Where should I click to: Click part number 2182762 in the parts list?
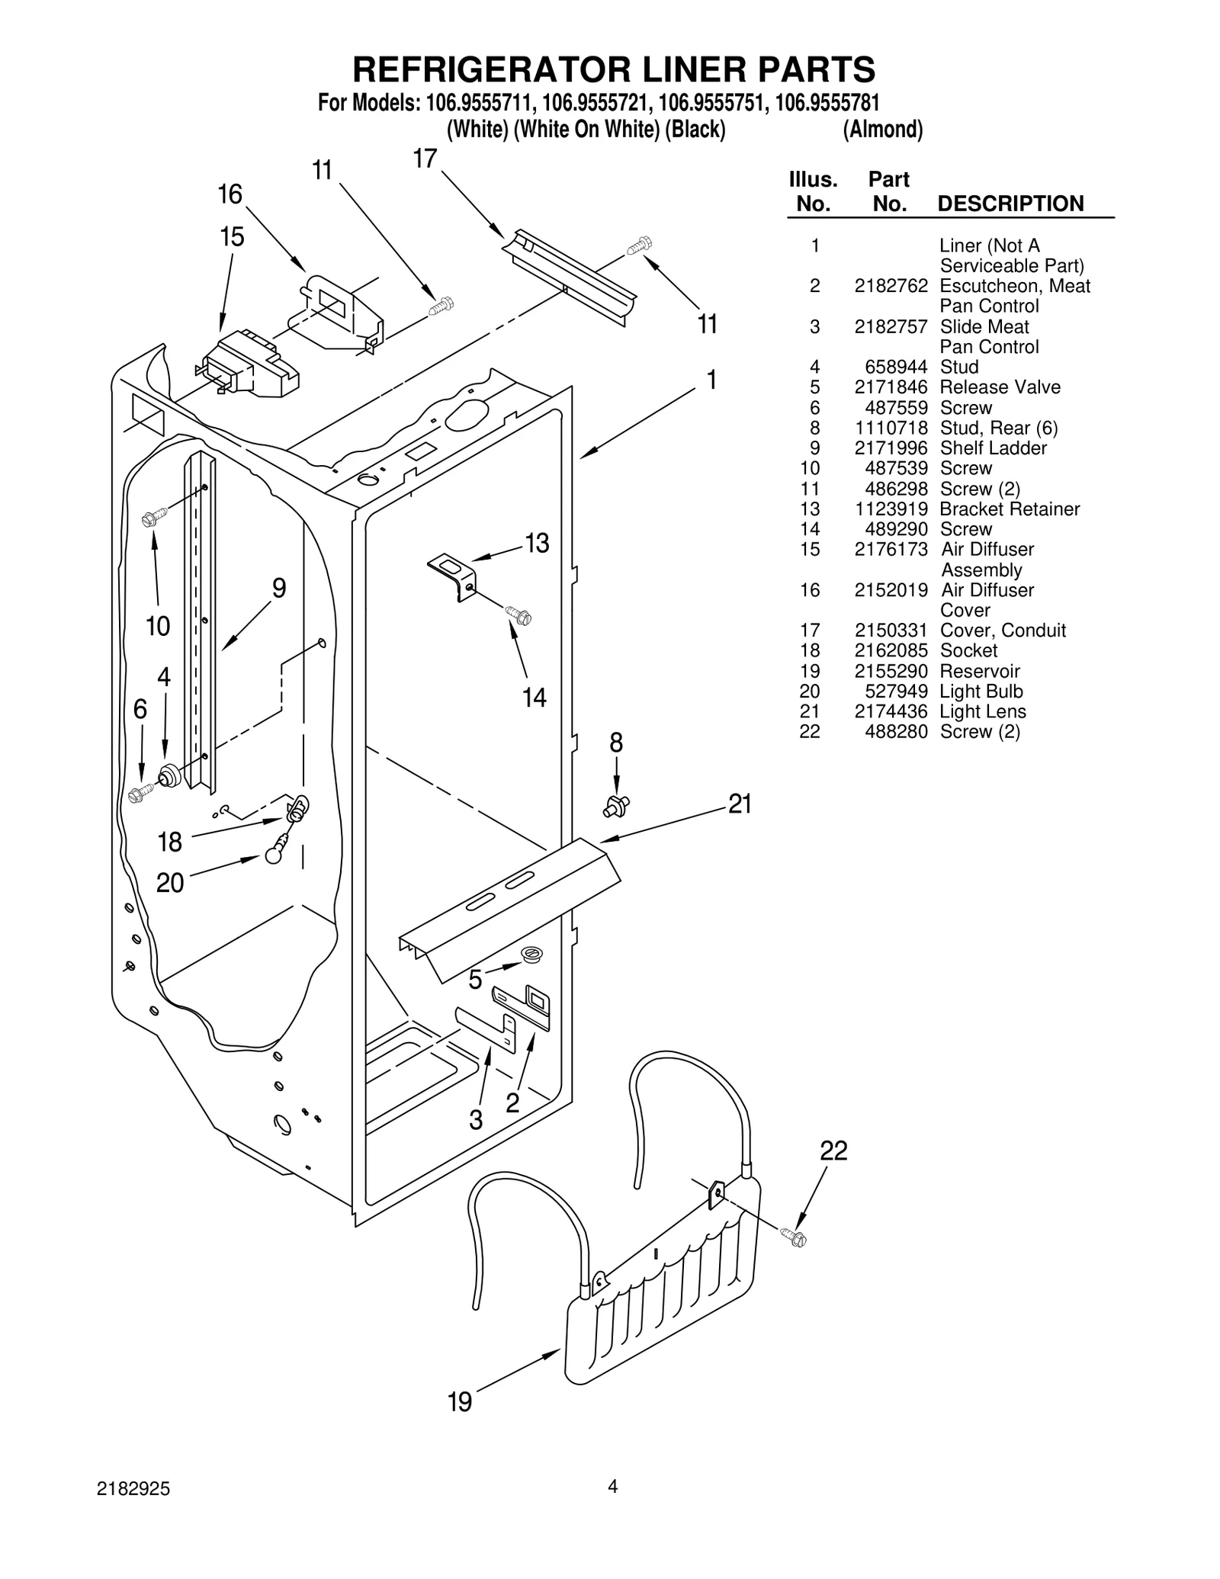pos(891,286)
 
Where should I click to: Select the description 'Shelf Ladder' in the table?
pos(993,448)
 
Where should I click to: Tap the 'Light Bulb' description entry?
pos(981,692)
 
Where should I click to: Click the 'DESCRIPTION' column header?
pos(1010,204)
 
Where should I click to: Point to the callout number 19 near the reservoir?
pos(460,1401)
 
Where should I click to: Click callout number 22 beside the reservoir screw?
pos(833,1151)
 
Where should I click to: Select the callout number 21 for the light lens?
pos(740,804)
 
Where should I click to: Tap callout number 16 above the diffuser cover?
pos(230,195)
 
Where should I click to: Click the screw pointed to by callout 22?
pos(793,1238)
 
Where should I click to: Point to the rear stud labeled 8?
pos(618,804)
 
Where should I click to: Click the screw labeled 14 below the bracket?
pos(518,615)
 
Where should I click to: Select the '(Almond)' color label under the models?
pos(882,130)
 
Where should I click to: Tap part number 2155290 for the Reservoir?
pos(891,672)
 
